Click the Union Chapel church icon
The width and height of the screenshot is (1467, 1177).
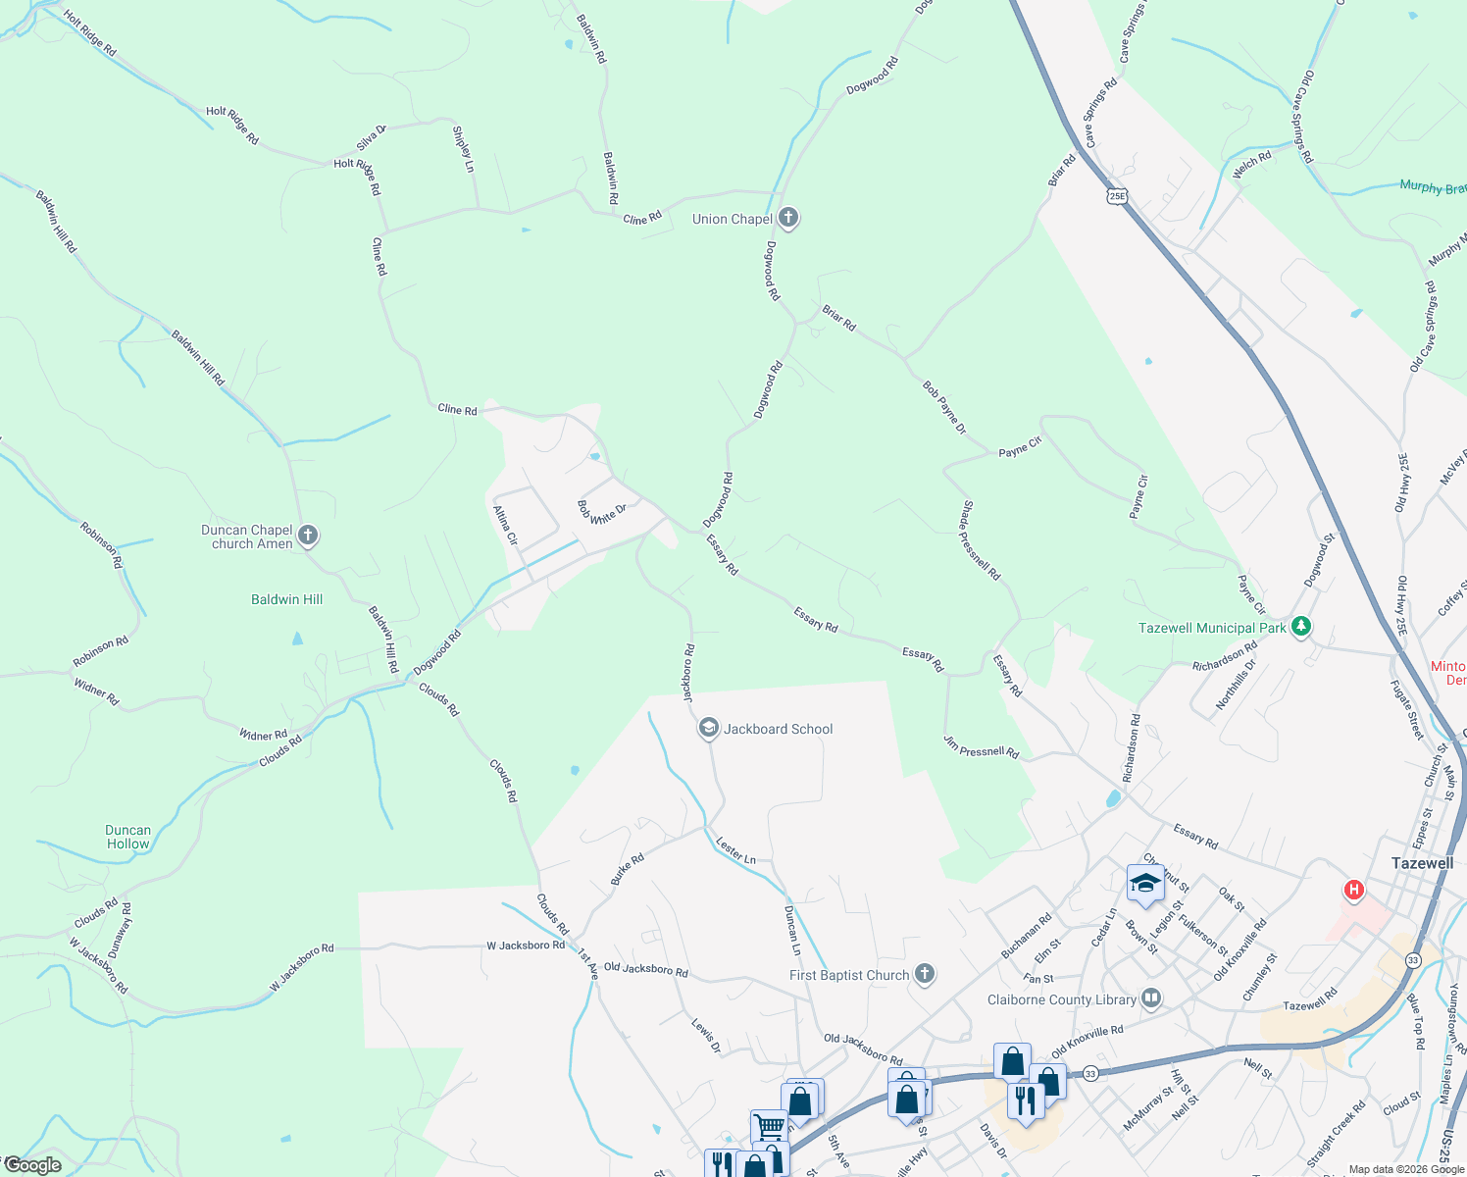[788, 218]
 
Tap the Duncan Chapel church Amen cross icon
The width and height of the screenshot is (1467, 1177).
[308, 536]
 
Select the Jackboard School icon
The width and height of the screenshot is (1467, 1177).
[708, 729]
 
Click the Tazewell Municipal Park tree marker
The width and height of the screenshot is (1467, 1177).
[1301, 627]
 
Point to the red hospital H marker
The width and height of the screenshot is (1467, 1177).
[1354, 890]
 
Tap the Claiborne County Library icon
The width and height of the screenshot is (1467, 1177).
[1151, 999]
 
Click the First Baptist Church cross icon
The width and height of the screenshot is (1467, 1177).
[924, 974]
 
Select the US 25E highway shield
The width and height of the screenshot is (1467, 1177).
[1117, 195]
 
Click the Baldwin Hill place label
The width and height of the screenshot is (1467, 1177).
[286, 599]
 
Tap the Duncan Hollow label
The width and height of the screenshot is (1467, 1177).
[128, 837]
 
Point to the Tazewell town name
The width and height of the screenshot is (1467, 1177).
[1422, 863]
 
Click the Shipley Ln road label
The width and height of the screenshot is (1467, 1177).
[463, 149]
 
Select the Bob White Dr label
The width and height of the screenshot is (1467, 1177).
[600, 512]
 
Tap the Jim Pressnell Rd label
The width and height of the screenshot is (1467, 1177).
[981, 746]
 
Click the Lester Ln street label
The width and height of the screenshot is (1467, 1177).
[735, 850]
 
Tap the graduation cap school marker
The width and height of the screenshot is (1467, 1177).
[1145, 884]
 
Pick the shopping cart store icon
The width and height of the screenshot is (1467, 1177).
[768, 1126]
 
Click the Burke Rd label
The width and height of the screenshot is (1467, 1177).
[628, 869]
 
